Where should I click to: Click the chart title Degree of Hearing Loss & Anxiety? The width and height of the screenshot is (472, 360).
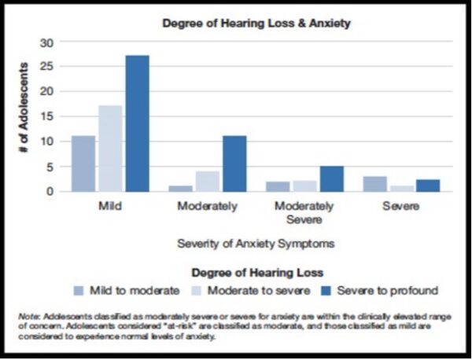point(256,24)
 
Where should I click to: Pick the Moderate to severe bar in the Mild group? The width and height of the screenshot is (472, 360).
point(109,149)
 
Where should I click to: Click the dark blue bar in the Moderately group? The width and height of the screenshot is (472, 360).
point(234,163)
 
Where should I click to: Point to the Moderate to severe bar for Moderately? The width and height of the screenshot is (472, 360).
point(207,182)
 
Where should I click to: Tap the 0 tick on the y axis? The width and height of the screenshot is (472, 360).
point(52,191)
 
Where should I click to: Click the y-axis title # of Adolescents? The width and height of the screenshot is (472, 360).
point(24,116)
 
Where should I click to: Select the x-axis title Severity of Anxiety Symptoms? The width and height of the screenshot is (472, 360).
point(255,244)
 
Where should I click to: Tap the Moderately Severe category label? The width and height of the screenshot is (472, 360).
point(305,212)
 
